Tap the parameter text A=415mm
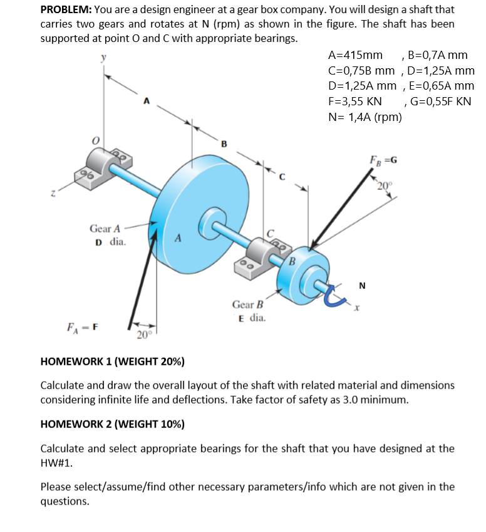click(355, 56)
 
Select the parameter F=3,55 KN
click(355, 101)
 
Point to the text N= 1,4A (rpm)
click(364, 116)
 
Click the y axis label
click(104, 58)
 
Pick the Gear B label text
click(248, 305)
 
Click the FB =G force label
click(382, 159)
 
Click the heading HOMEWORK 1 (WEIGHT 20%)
click(112, 362)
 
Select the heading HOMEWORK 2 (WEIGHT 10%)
click(112, 424)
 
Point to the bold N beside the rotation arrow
click(363, 287)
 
